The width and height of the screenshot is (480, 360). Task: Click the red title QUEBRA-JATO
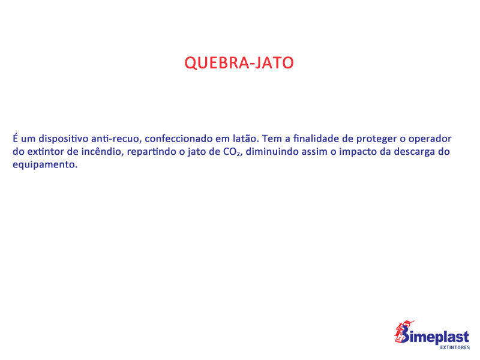239,63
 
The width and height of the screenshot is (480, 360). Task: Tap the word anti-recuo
116,139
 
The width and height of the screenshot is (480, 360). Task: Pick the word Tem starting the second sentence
272,139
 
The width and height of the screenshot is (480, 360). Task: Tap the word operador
430,139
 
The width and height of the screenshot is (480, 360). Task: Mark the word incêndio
103,152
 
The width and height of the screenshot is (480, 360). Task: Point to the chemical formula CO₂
232,152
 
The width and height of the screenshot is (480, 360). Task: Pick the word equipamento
44,165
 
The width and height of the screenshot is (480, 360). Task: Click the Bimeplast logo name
434,336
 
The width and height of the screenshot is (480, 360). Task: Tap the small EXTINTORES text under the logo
455,347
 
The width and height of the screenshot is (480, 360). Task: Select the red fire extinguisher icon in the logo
403,331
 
